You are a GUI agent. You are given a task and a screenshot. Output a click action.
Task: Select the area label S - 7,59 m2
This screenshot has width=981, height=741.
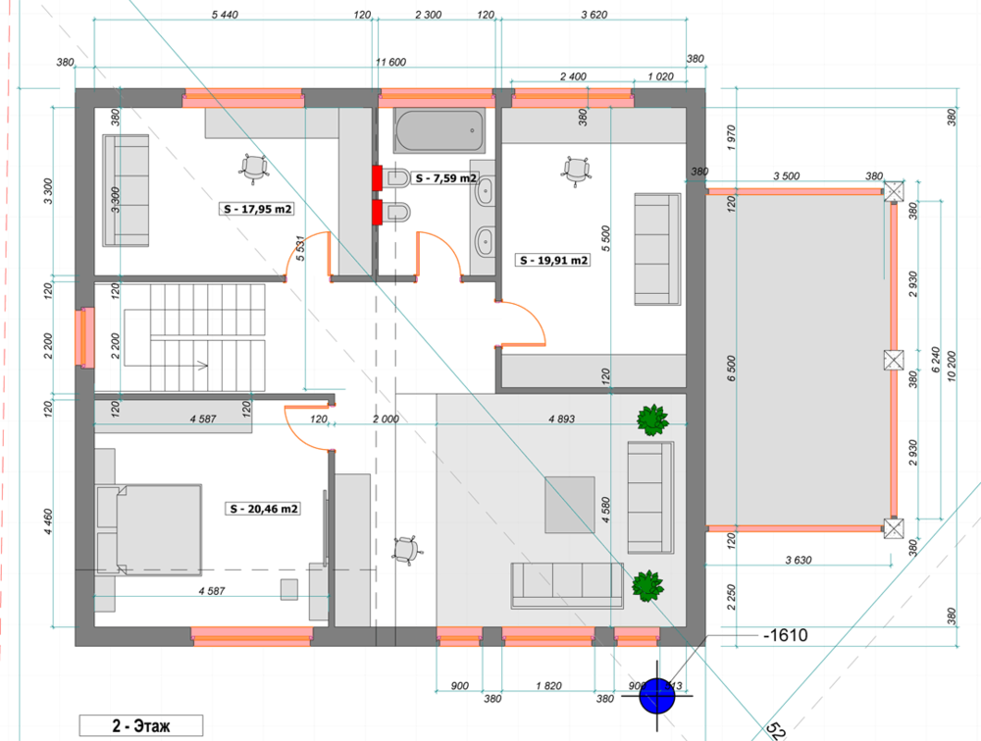(444, 178)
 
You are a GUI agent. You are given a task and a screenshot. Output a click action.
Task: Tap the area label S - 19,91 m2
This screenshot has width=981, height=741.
(552, 261)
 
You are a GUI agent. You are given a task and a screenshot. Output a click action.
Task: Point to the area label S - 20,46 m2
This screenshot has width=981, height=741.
(263, 509)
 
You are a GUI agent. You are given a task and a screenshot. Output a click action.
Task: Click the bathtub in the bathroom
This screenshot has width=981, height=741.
(439, 129)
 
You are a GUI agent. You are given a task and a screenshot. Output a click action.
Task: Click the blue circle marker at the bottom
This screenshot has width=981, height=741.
(657, 697)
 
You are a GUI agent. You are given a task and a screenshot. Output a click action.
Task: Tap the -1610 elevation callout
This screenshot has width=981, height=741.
(784, 636)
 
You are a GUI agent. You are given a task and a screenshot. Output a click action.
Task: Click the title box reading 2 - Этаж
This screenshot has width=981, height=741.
(141, 726)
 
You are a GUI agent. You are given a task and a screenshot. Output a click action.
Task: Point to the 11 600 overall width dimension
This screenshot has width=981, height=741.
(390, 62)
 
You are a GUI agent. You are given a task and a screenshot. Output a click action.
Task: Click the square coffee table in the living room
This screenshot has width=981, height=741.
(570, 505)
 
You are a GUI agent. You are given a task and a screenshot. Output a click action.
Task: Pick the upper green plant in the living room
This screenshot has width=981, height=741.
(652, 420)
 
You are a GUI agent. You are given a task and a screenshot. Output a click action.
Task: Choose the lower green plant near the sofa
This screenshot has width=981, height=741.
(646, 586)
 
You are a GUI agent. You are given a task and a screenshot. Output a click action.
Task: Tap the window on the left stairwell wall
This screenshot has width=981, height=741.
(86, 336)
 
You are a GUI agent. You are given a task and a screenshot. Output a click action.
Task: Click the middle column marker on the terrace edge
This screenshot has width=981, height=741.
(892, 360)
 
